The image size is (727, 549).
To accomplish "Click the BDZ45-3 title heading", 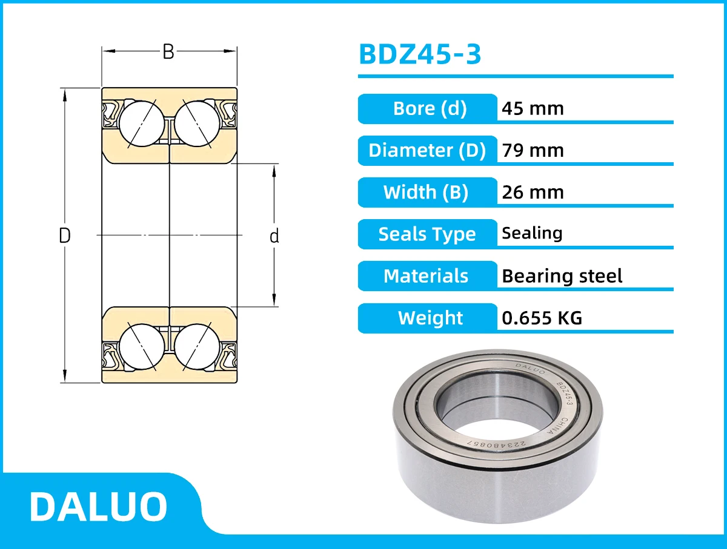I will click(x=420, y=54).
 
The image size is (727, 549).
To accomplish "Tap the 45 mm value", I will click(x=533, y=108).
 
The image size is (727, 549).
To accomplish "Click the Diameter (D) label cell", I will click(x=428, y=150).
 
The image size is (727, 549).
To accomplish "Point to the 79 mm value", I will click(x=533, y=150).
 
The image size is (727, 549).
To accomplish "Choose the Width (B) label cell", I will click(x=427, y=192).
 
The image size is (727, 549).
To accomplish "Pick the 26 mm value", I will click(x=533, y=192).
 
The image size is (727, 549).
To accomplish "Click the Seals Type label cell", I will click(x=427, y=234).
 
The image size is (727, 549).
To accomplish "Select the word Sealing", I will click(x=532, y=233).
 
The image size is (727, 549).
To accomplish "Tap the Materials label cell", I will click(x=427, y=276).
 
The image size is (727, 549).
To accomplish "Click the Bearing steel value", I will click(x=562, y=276).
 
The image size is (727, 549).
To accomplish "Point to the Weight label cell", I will click(x=430, y=318).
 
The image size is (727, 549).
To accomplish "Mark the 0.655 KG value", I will click(x=542, y=318).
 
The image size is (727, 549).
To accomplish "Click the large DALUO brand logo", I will click(x=98, y=506).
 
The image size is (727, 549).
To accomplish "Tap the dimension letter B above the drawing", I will click(x=168, y=52).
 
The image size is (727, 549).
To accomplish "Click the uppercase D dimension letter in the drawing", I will click(x=65, y=235).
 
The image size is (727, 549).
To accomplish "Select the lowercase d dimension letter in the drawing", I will click(x=274, y=236).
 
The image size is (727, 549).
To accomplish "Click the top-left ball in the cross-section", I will click(x=141, y=121).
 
